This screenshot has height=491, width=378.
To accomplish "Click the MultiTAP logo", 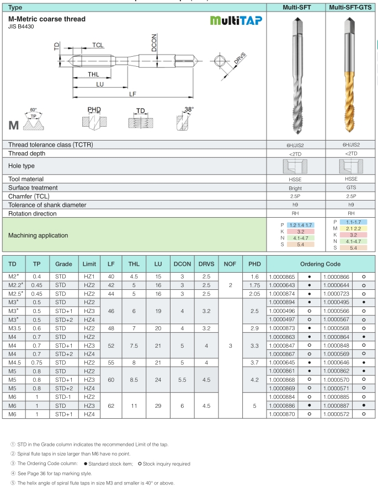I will point(236,20).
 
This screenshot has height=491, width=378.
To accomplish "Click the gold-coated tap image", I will point(349,77).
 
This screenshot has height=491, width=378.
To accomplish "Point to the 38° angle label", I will point(189,110).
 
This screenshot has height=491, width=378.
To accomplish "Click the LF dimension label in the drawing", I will point(132,94).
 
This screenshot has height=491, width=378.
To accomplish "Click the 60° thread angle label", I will point(34,110).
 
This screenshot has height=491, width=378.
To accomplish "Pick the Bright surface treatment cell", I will point(295,188).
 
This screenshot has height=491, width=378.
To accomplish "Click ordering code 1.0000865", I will point(282,276).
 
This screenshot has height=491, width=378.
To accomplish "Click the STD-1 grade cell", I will point(63,397).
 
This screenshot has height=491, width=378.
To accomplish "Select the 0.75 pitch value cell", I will point(37,362).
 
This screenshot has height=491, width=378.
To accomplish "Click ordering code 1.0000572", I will point(336,414).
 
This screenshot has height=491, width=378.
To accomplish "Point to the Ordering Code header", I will point(320,264).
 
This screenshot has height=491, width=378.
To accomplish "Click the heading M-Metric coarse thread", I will point(47,19).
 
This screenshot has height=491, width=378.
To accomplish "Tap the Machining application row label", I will point(38,235).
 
